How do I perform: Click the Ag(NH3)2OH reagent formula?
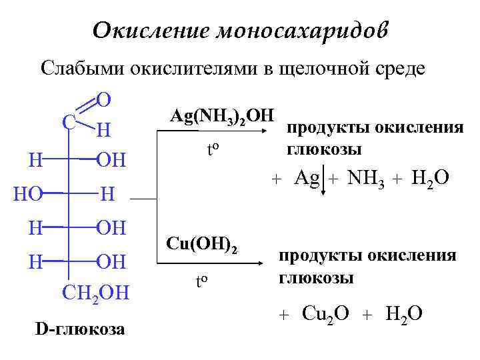pyautogui.click(x=221, y=116)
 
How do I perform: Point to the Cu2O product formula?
pyautogui.click(x=325, y=313)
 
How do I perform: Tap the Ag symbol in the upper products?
pyautogui.click(x=307, y=178)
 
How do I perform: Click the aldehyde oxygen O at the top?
pyautogui.click(x=103, y=100)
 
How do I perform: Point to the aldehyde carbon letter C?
pyautogui.click(x=67, y=122)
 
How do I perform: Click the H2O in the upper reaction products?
pyautogui.click(x=430, y=178)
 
